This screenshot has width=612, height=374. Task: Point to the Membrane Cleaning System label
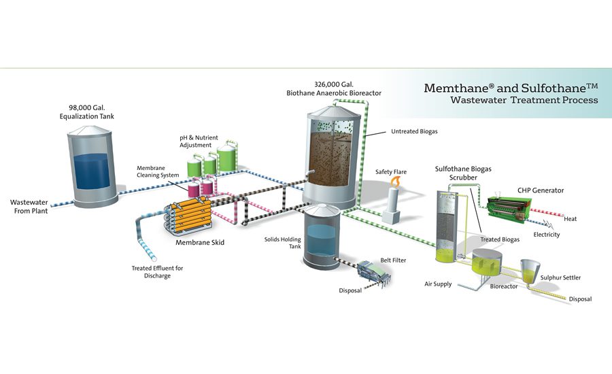tap(158, 171)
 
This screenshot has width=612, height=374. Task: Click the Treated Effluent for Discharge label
tap(157, 272)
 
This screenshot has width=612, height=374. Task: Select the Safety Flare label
tap(391, 172)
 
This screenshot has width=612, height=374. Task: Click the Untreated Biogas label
tap(410, 132)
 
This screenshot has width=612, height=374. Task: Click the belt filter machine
tap(376, 273)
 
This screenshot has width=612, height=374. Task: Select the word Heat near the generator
tap(570, 219)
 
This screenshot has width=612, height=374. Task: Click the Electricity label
tap(546, 235)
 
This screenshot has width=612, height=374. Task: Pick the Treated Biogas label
tap(500, 239)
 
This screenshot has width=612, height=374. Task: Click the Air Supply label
tap(438, 284)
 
